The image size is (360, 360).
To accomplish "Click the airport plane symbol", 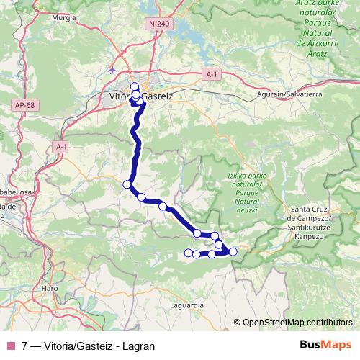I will click(x=112, y=70).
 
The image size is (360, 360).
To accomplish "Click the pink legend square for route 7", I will click(x=11, y=346).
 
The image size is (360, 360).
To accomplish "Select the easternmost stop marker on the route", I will click(x=233, y=251).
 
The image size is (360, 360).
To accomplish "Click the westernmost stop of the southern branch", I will click(x=189, y=252).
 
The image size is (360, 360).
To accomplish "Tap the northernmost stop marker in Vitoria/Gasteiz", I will click(x=134, y=86).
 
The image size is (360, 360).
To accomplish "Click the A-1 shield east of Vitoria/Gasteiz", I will click(x=210, y=74).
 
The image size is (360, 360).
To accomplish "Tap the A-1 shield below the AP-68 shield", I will click(x=60, y=147).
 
